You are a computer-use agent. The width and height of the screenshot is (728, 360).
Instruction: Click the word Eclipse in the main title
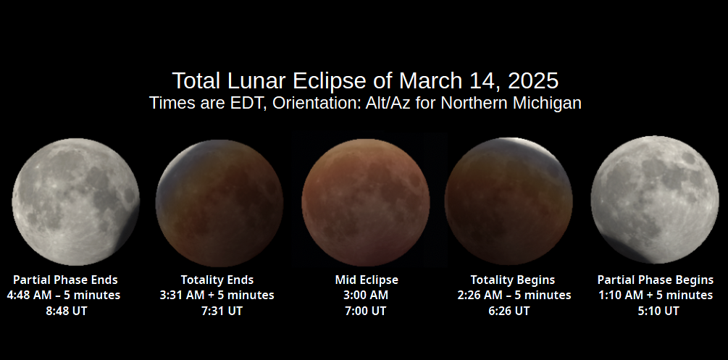coord(330,81)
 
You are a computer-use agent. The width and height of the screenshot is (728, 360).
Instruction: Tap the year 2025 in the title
coord(533,81)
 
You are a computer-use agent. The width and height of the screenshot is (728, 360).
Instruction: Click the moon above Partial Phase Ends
coord(75,202)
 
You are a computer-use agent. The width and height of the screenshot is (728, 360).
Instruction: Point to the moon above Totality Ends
coord(219,203)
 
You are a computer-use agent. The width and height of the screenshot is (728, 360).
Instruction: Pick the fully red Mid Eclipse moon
coord(366,202)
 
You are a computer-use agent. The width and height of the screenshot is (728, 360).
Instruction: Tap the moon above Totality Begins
coord(509,201)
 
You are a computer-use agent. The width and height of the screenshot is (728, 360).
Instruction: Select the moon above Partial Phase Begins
coord(655,200)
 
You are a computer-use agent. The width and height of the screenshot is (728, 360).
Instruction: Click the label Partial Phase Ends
coord(65,280)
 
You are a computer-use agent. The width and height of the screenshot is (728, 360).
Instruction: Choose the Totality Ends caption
coord(217,280)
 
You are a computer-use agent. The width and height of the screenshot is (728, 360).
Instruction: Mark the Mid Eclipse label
coord(367,280)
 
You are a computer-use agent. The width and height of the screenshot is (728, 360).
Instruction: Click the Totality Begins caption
coord(513,280)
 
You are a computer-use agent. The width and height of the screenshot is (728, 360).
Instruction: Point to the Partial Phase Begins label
coord(656,280)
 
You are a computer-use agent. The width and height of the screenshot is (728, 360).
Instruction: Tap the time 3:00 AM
coord(366,296)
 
